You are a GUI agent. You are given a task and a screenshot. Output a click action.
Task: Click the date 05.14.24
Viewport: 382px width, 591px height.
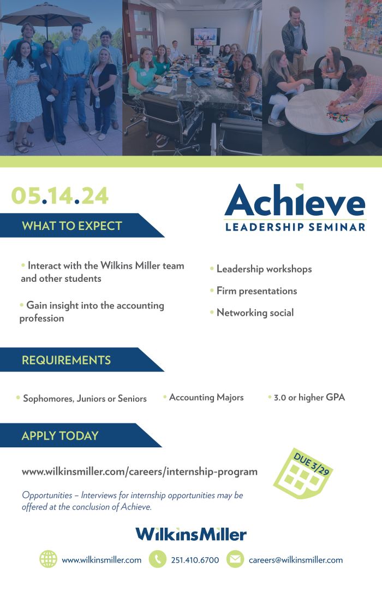click(60, 196)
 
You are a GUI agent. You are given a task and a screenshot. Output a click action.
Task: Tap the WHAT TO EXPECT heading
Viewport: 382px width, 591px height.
click(72, 226)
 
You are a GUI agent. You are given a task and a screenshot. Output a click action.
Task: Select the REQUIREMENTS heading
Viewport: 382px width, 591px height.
click(66, 360)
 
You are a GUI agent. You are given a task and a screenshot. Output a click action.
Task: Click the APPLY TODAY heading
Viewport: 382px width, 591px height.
click(60, 436)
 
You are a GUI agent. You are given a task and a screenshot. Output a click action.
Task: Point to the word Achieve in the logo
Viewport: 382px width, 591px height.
click(295, 200)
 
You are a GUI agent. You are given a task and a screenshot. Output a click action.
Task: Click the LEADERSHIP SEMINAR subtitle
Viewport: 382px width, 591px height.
click(295, 227)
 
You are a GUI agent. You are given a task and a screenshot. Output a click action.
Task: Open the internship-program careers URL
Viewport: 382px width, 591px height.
click(140, 471)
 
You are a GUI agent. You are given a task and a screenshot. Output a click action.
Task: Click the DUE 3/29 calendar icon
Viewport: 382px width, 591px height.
click(303, 474)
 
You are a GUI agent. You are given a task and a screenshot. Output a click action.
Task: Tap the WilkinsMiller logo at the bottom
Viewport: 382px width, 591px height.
click(191, 534)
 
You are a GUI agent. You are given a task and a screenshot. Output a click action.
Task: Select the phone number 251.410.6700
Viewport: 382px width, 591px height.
click(195, 560)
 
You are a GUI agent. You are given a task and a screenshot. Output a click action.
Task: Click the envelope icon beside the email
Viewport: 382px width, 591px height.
click(235, 559)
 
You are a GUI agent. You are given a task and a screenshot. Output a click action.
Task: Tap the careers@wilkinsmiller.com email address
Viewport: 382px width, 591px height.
click(296, 560)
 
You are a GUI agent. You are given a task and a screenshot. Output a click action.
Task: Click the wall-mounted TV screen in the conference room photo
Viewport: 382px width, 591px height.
click(205, 37)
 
